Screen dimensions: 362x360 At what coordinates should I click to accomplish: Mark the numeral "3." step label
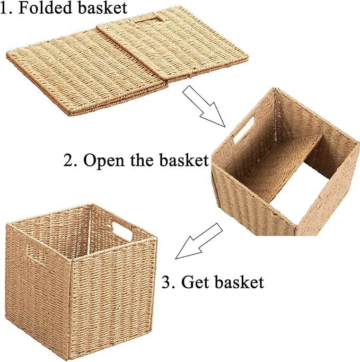tap(169, 282)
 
